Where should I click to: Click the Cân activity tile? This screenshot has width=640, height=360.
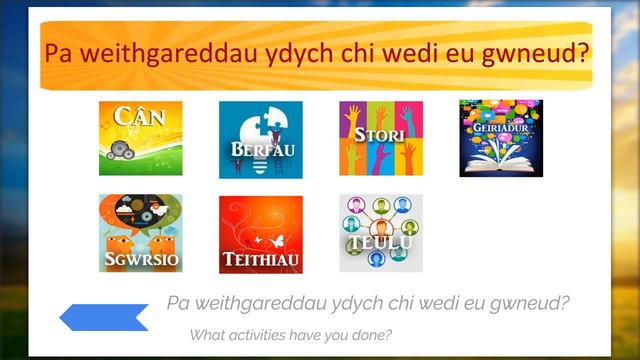point(140,138)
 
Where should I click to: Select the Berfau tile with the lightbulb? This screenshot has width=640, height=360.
point(260,139)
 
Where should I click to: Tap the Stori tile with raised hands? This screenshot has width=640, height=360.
point(381,138)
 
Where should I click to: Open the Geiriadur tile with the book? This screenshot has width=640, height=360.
point(501,138)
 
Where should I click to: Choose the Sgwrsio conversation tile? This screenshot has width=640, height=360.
point(140,233)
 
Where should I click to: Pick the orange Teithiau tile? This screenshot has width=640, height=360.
point(260,233)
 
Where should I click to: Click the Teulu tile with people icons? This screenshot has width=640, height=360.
point(381,233)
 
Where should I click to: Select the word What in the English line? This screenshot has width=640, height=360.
point(207,334)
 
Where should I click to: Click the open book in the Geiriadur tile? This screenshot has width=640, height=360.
point(501,161)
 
